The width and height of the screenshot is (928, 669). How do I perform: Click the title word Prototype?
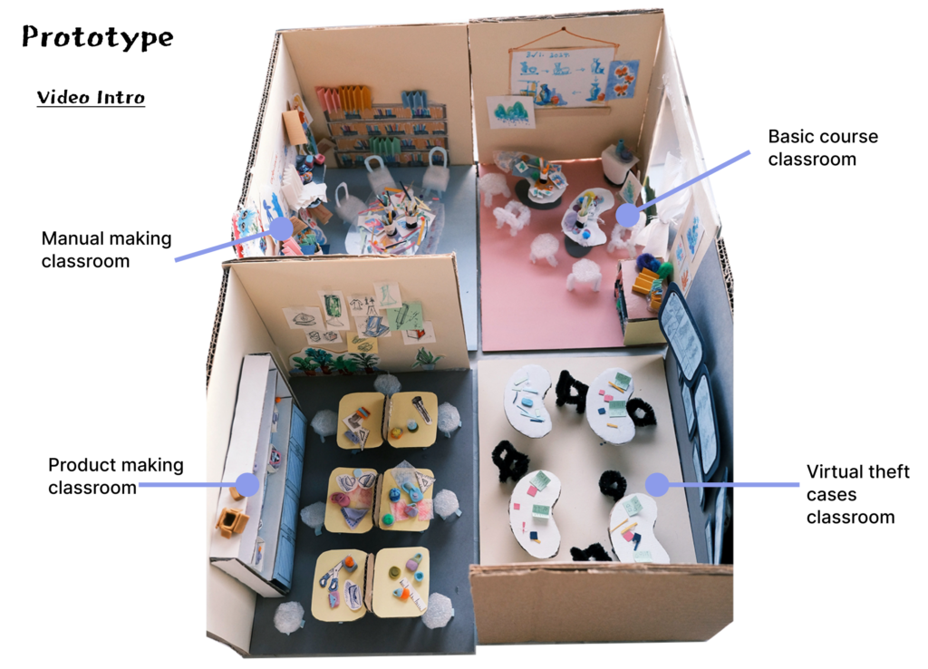click(x=97, y=38)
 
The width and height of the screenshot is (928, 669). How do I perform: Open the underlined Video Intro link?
click(x=91, y=97)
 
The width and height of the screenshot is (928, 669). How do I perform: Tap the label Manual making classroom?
click(x=106, y=249)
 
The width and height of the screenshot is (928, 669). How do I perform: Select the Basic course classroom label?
click(x=823, y=148)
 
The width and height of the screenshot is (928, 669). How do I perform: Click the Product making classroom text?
click(x=115, y=476)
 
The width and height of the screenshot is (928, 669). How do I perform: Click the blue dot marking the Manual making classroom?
click(x=282, y=228)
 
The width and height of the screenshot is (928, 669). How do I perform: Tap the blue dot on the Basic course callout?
click(x=628, y=215)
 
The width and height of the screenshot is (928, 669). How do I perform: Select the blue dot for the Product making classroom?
click(x=246, y=484)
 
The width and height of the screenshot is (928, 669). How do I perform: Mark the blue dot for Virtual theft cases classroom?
click(x=656, y=484)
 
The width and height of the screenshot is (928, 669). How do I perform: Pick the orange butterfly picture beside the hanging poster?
click(x=623, y=79)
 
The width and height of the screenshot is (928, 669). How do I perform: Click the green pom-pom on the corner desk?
click(x=667, y=269)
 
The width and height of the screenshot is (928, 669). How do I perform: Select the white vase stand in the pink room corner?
click(x=620, y=163)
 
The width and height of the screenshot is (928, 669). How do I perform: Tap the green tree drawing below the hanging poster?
click(x=511, y=111)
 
